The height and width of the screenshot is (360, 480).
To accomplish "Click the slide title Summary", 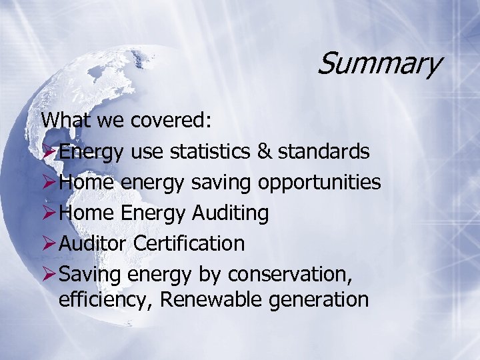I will click(x=378, y=65).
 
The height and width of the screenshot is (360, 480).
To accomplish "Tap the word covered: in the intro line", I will click(x=171, y=121).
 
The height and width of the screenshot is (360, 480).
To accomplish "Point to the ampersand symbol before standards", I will click(x=264, y=151).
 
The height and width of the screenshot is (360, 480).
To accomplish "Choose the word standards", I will click(x=323, y=151).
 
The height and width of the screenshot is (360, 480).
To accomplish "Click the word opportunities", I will click(x=319, y=183).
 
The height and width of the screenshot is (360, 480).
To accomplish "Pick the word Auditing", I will click(x=230, y=213).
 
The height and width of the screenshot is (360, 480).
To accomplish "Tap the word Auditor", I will click(x=93, y=243).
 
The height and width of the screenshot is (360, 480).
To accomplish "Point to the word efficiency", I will click(x=107, y=300).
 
